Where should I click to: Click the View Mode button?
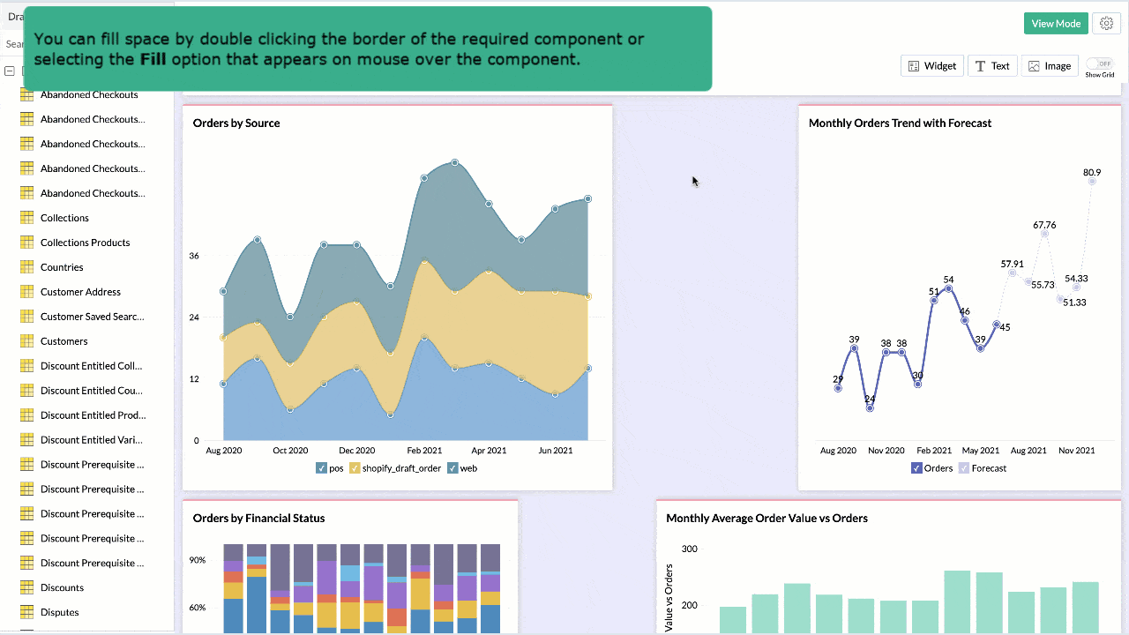click(x=1055, y=24)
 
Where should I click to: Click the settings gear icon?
click(x=1106, y=24)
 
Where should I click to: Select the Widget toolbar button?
click(x=932, y=66)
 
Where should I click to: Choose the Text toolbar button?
click(x=992, y=66)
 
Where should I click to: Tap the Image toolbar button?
click(x=1049, y=66)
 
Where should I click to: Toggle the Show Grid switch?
click(x=1099, y=63)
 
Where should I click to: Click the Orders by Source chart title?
click(x=236, y=123)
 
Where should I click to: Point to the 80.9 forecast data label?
click(x=1092, y=173)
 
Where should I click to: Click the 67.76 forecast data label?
click(x=1044, y=225)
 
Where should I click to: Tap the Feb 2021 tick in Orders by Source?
click(x=424, y=451)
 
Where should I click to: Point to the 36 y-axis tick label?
click(x=194, y=256)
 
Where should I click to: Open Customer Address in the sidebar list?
click(x=80, y=292)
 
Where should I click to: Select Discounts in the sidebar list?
click(x=62, y=587)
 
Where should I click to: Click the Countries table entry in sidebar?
click(x=62, y=267)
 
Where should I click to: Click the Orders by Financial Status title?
click(x=258, y=519)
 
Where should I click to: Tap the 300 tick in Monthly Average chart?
click(x=689, y=549)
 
